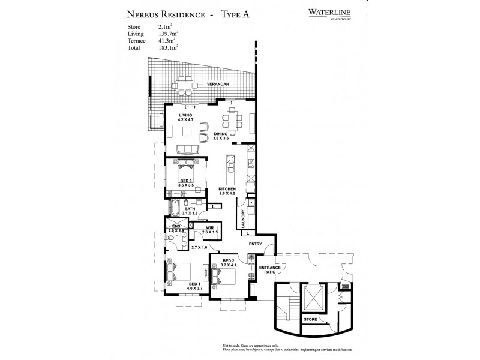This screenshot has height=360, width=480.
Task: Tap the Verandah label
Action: pos(218,85)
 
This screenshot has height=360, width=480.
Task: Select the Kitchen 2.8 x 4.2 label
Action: pos(229,191)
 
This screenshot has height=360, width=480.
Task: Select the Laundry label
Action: pos(243,218)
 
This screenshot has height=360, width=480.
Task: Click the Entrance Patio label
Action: pos(269,271)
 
